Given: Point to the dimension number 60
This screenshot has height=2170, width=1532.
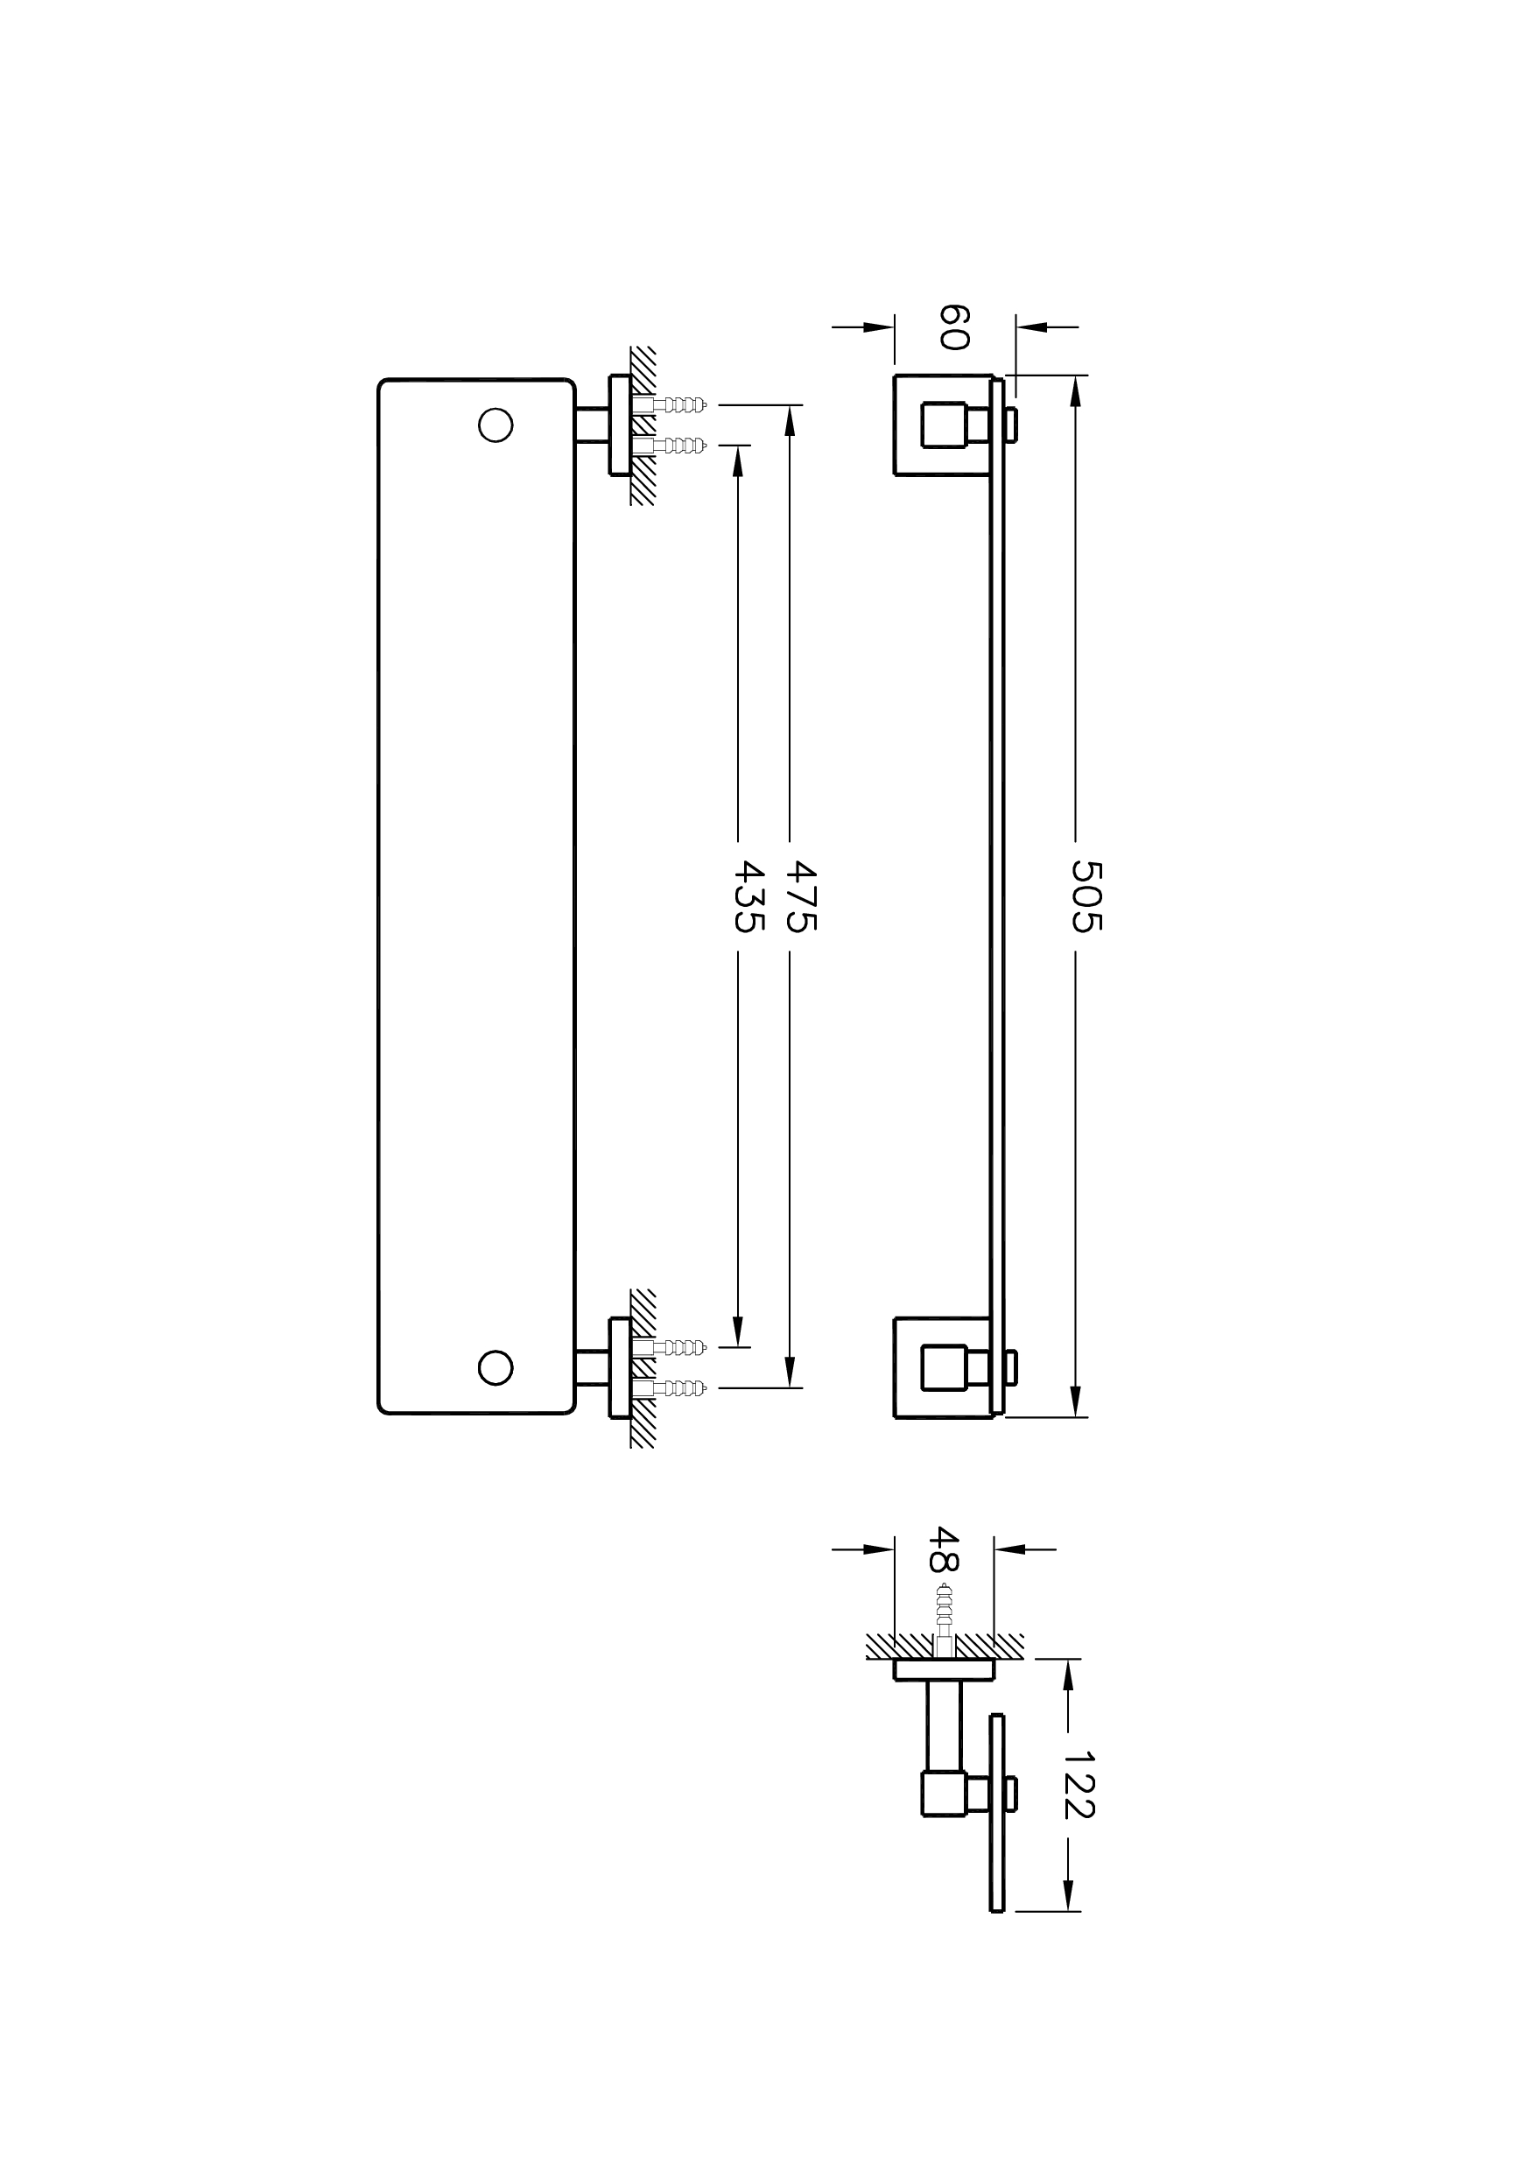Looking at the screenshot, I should pos(953,327).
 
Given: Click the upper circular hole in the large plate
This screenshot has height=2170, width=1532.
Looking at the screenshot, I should pos(495,425).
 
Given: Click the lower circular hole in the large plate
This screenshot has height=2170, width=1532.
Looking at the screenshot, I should pos(495,1367).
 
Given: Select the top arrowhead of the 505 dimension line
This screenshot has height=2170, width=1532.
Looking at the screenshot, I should pos(1074,390).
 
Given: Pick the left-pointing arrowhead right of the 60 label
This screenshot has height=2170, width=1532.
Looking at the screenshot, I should pos(1033,327).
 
